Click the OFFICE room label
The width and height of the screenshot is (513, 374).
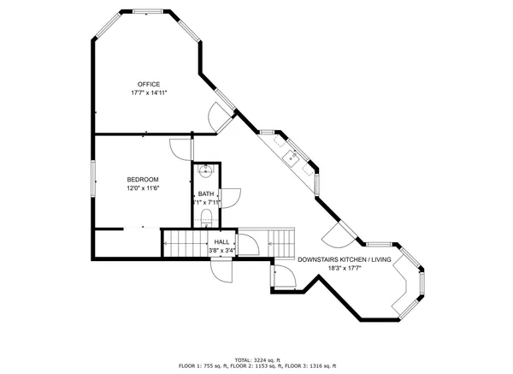pos(150,84)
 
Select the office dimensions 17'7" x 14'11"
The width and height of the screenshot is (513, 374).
pos(149,92)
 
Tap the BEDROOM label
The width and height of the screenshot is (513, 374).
pos(143,179)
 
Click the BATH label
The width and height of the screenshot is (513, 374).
pos(206,194)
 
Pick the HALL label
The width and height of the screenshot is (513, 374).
pos(221,242)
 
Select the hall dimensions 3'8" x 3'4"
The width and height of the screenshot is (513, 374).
pos(221,250)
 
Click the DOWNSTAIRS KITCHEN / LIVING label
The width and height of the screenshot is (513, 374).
pos(345,259)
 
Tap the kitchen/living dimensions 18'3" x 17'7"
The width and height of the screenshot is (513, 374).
pos(345,268)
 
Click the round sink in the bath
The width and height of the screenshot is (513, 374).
pos(205,171)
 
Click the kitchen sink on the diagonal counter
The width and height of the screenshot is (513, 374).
pos(291,156)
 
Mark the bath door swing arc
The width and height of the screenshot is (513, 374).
pos(229,199)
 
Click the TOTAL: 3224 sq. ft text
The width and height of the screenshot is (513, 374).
pos(256,359)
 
